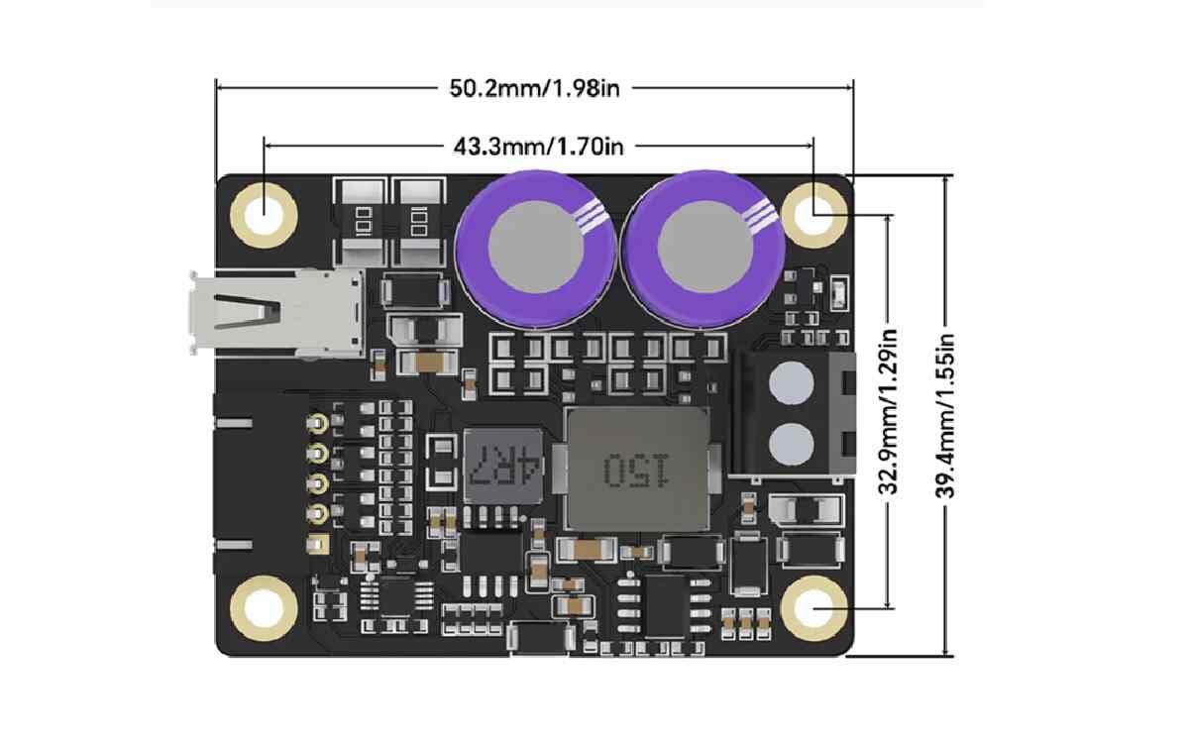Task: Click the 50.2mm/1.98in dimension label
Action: coord(534,87)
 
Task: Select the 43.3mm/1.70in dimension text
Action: coord(538,147)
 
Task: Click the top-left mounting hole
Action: coord(264,212)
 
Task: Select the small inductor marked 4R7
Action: coord(504,464)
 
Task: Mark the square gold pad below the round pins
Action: coord(319,545)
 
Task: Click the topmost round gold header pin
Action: coord(319,424)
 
